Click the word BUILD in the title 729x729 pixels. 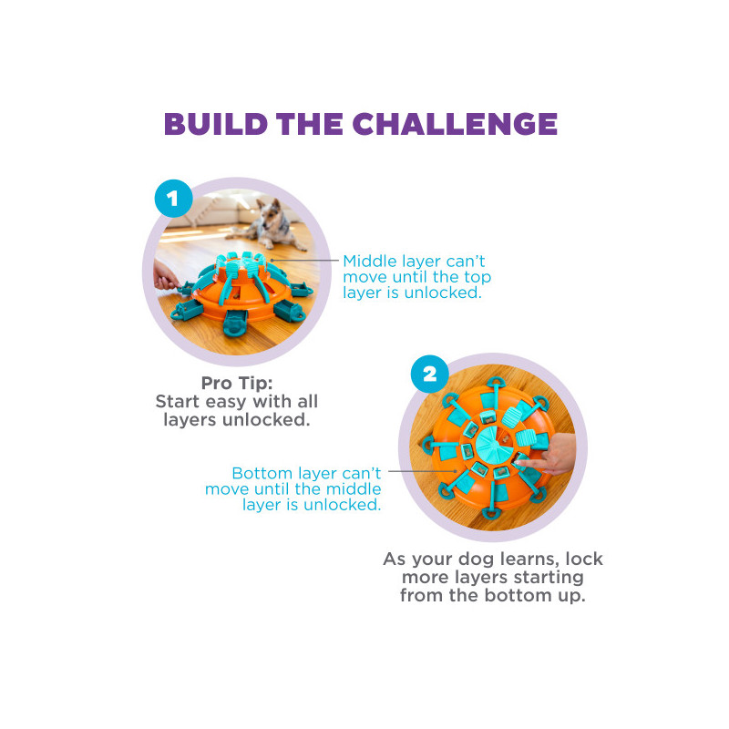pos(216,124)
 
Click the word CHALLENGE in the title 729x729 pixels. pos(455,124)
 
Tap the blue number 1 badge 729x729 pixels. pos(173,199)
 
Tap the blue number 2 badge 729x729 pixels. pos(429,374)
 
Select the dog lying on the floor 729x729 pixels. pos(267,223)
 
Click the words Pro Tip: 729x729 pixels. pos(237,384)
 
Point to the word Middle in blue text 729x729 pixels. pos(370,262)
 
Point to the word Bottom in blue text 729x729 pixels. pos(262,473)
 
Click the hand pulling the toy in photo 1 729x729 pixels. pos(164,276)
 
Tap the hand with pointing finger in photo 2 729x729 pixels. pos(549,454)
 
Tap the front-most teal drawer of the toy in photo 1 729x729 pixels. pos(235,322)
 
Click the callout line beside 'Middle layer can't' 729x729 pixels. pos(304,261)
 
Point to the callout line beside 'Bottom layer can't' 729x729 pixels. pos(423,471)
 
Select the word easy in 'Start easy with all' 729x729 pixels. pos(226,402)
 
